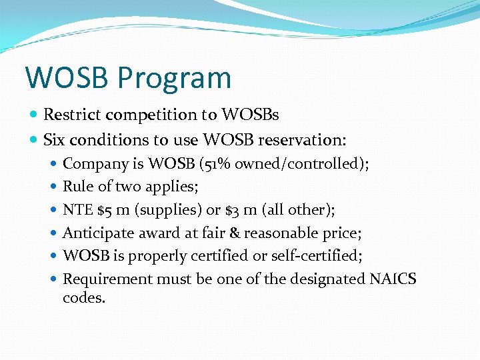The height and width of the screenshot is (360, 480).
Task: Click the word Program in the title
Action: coord(174,78)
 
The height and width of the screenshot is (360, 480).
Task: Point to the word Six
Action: coord(55,140)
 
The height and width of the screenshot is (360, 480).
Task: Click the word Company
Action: coord(95,164)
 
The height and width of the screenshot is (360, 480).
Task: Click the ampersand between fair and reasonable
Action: coord(235,233)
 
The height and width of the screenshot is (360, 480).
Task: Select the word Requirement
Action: coord(107,279)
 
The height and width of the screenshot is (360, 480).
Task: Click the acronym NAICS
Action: coord(393,279)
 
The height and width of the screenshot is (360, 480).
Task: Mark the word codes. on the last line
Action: coord(84,297)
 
